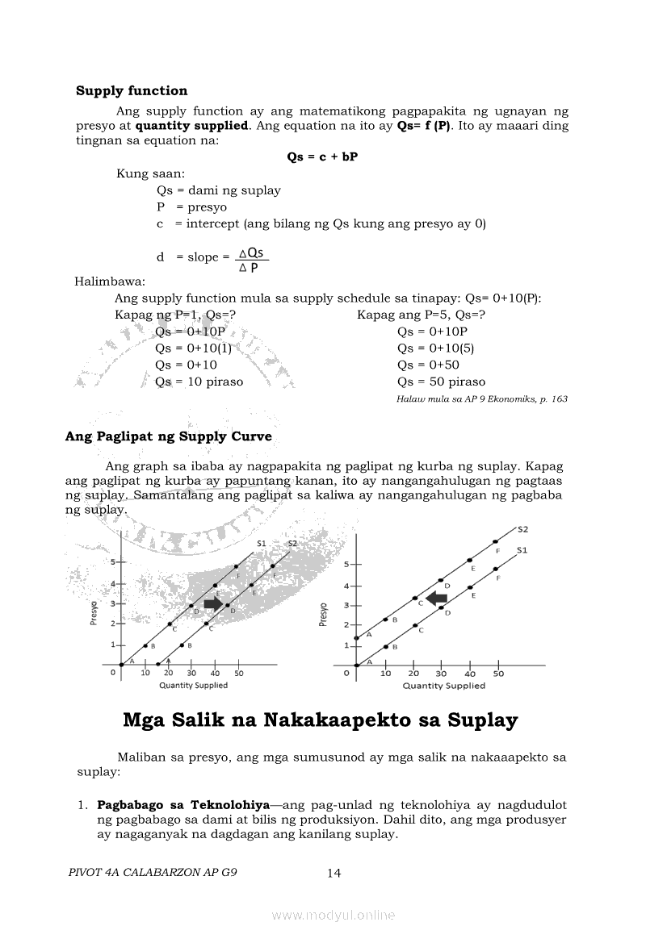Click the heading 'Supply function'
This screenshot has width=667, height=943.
[132, 91]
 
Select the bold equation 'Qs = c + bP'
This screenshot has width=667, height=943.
[322, 157]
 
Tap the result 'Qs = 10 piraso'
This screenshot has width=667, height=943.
[199, 382]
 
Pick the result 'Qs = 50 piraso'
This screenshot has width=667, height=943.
[441, 382]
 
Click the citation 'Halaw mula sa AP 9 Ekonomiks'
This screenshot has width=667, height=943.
[482, 399]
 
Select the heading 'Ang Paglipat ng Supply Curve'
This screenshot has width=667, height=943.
[168, 436]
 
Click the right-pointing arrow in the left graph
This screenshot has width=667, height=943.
[214, 603]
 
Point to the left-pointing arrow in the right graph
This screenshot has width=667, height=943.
[437, 598]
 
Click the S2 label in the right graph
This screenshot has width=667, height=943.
[522, 530]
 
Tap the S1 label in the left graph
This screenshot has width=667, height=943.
[262, 544]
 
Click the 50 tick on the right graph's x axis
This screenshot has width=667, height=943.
[498, 674]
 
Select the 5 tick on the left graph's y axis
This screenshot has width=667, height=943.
[114, 561]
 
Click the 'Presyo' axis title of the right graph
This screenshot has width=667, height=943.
[324, 614]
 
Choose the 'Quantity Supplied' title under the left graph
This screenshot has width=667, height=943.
[193, 686]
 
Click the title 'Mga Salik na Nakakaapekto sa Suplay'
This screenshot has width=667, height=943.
[320, 720]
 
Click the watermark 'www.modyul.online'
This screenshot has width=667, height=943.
[333, 915]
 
